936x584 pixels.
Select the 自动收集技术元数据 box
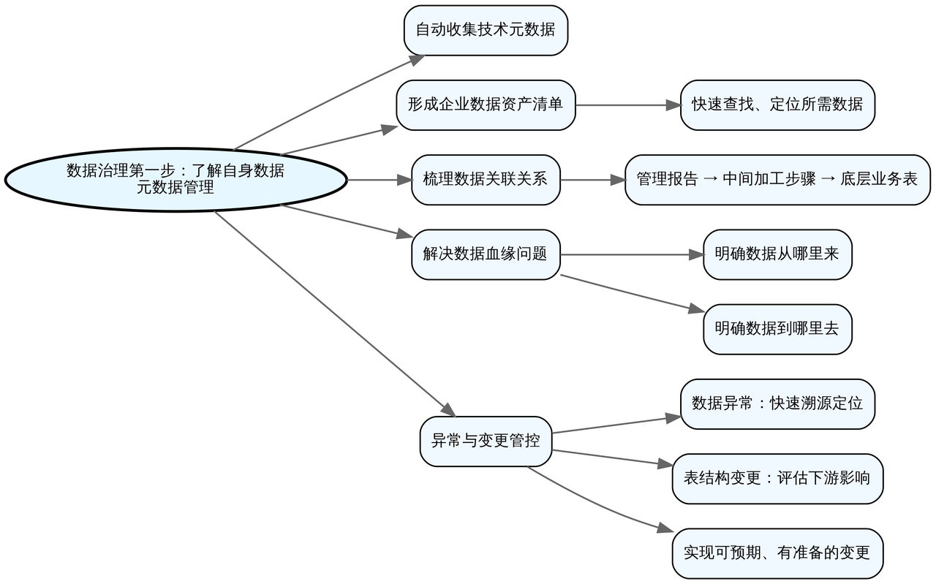pos(486,30)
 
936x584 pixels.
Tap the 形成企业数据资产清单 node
pos(486,105)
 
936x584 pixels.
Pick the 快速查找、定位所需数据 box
pos(777,105)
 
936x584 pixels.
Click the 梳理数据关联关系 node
pos(486,179)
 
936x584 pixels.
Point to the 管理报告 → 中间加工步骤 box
pos(777,179)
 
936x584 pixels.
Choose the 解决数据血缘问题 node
pos(486,254)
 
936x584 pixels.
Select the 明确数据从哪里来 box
pos(777,254)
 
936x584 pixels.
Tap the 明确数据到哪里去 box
pos(777,329)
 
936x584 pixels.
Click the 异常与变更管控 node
pos(486,441)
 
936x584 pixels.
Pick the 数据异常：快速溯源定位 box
pos(777,403)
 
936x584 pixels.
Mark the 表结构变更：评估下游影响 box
pos(777,479)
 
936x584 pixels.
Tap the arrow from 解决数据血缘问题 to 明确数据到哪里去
pos(625,293)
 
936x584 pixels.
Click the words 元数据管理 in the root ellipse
pos(175,188)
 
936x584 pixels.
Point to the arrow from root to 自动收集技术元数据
pos(329,102)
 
